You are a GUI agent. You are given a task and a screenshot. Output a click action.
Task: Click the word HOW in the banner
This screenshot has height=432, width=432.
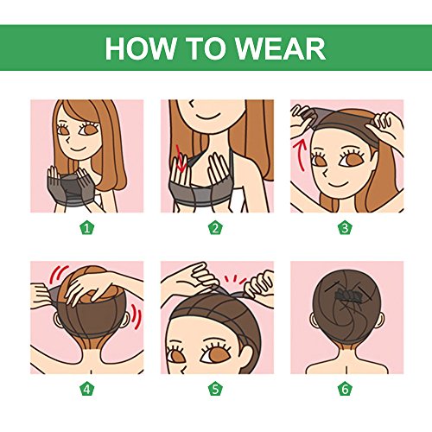click(141, 48)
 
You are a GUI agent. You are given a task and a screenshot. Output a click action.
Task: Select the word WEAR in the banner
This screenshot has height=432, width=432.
click(280, 48)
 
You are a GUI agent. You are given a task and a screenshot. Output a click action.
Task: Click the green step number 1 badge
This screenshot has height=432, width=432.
click(86, 228)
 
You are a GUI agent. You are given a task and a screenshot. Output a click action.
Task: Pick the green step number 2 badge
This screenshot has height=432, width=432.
click(215, 228)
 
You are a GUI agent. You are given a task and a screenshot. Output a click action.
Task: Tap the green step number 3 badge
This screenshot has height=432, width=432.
click(345, 228)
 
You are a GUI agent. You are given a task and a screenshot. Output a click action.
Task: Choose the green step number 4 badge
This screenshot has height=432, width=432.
click(86, 390)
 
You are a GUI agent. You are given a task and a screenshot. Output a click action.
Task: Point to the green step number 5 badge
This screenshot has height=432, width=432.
click(215, 390)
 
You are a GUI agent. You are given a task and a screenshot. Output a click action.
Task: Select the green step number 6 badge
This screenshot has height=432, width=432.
click(345, 390)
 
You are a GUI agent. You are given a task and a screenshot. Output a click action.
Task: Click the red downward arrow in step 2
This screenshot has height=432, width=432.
click(181, 160)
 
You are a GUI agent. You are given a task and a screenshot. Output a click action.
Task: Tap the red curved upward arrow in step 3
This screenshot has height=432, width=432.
click(299, 154)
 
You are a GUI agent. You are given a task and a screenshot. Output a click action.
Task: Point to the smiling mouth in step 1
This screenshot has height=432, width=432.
click(77, 149)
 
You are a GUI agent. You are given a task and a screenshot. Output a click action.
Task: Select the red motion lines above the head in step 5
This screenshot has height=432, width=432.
click(235, 279)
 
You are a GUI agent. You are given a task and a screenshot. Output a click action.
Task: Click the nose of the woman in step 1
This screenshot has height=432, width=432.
click(68, 140)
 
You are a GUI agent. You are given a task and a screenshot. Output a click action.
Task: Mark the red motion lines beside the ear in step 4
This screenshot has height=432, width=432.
click(137, 317)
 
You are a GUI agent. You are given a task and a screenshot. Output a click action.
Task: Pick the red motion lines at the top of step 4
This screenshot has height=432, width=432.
click(58, 273)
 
